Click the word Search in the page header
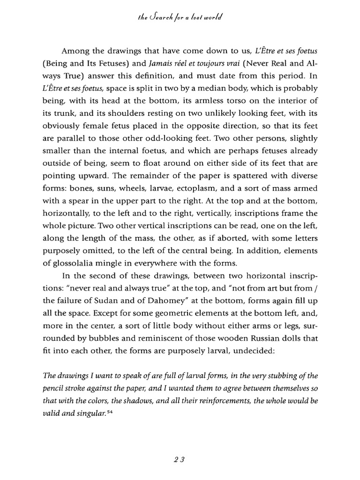[165, 18]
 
